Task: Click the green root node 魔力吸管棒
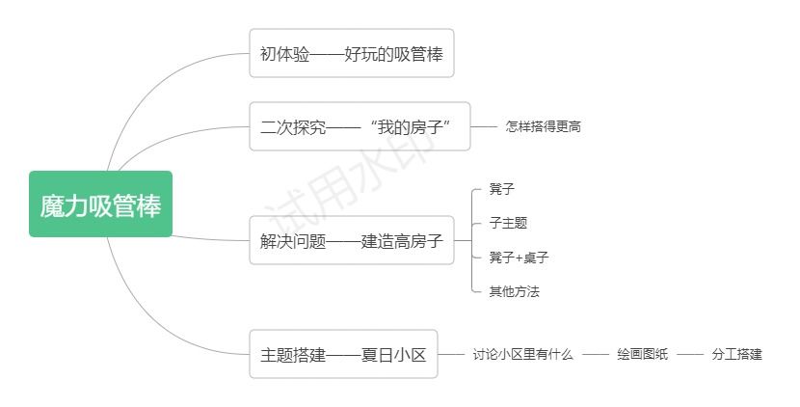[x=100, y=204]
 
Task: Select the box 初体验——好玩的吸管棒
[x=352, y=53]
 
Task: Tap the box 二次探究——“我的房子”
[x=360, y=126]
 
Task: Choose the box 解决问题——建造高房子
[x=352, y=240]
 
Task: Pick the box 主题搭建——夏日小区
[x=343, y=354]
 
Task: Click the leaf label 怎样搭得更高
[x=543, y=126]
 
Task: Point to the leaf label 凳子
[x=502, y=189]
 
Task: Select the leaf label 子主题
[x=508, y=223]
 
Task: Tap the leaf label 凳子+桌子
[x=519, y=258]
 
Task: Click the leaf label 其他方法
[x=515, y=291]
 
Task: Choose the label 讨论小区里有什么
[x=523, y=354]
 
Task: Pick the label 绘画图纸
[x=642, y=354]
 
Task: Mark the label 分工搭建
[x=736, y=354]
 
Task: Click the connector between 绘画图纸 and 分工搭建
[x=690, y=354]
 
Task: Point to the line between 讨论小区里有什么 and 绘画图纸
[x=596, y=354]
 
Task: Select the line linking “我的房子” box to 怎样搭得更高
[x=484, y=126]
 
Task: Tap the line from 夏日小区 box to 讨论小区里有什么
[x=451, y=354]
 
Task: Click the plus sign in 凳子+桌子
[x=519, y=258]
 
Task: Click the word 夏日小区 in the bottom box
[x=393, y=354]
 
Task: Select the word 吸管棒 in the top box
[x=418, y=54]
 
